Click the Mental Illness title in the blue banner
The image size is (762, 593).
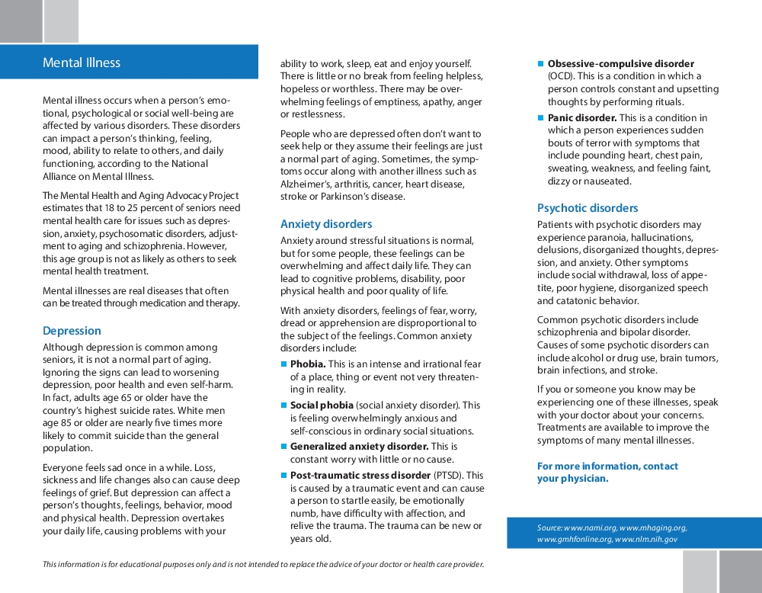click(x=82, y=63)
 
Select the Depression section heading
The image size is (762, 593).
click(x=72, y=331)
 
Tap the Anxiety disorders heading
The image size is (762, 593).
click(x=326, y=224)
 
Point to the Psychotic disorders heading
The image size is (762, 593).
click(x=588, y=208)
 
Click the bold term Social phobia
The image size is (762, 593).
click(x=322, y=405)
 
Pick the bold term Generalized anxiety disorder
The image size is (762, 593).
click(x=359, y=447)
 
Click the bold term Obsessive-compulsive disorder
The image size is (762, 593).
click(x=620, y=64)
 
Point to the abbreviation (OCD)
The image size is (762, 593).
click(x=560, y=76)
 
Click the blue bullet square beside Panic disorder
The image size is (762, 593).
click(x=541, y=118)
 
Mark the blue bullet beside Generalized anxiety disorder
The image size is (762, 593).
click(x=283, y=447)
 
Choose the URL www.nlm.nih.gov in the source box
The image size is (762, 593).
click(x=646, y=540)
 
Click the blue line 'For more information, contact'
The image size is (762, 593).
click(x=607, y=466)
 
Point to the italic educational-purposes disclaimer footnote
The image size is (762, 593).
click(x=263, y=565)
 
